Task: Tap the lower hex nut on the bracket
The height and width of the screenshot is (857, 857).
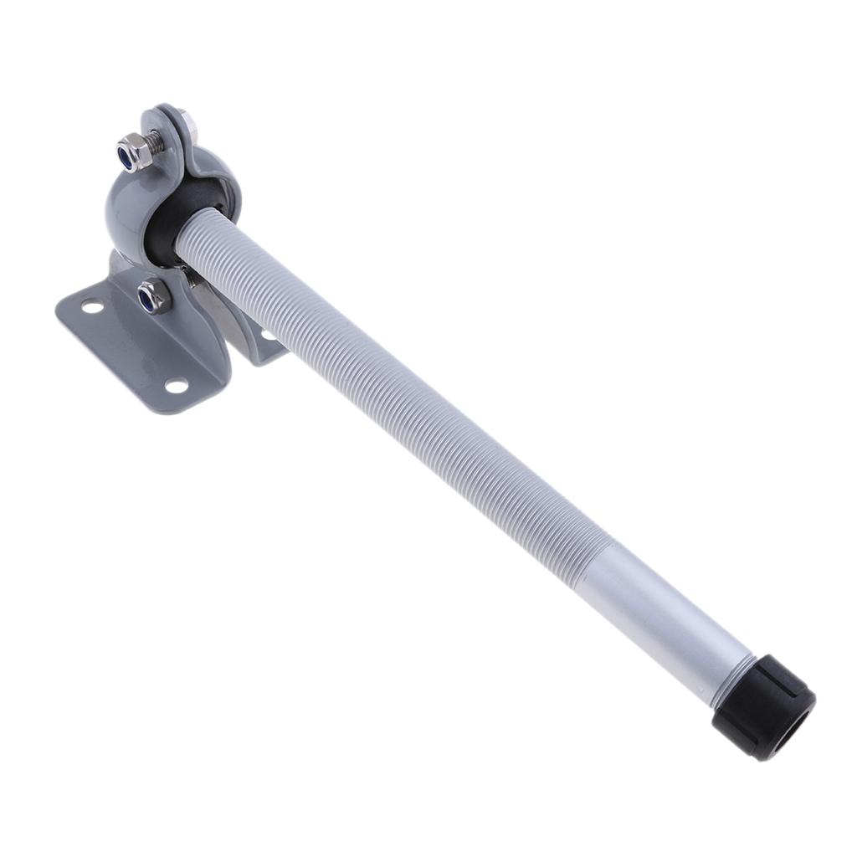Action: [154, 295]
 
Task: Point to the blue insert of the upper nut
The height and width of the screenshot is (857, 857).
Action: [128, 157]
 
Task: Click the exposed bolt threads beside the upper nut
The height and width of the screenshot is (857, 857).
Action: [157, 142]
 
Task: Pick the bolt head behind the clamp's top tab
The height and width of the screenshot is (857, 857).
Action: [190, 126]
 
